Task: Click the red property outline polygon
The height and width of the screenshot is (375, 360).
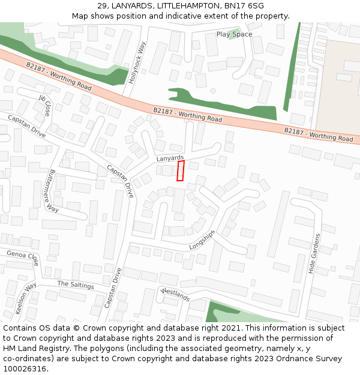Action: click(180, 170)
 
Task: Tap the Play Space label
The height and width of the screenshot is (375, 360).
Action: click(234, 34)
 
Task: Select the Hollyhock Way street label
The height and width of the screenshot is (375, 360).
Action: click(138, 61)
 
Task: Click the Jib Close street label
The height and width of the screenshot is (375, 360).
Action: click(45, 105)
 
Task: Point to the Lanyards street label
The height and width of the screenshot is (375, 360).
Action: click(170, 158)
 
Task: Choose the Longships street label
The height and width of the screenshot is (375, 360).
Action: click(202, 239)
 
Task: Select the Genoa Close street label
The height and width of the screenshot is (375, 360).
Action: click(23, 258)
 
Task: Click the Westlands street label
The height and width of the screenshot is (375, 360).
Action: click(175, 295)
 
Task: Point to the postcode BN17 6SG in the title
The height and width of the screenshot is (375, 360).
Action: click(244, 5)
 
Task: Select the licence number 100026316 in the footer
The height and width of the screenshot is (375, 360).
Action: click(24, 368)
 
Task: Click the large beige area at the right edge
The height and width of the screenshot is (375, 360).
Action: click(339, 84)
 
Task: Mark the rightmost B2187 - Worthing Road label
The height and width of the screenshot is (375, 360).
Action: click(319, 134)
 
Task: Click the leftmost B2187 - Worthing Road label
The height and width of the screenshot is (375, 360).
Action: click(59, 77)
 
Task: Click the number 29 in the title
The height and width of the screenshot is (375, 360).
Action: click(101, 5)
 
